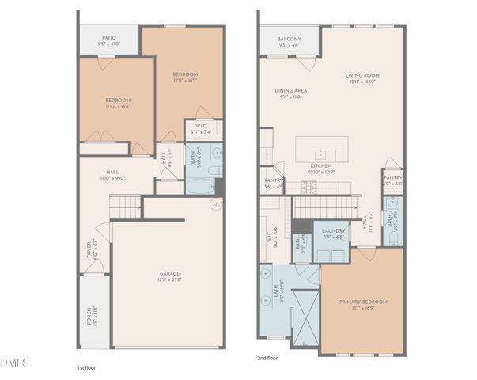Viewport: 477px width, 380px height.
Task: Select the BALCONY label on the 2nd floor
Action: (289, 39)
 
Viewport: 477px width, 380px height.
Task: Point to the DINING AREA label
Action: (291, 90)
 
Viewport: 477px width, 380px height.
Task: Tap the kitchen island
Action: (321, 150)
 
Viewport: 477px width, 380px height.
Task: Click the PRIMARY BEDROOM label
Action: (363, 302)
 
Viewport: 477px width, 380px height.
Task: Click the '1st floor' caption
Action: (87, 367)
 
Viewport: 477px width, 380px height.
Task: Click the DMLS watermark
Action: (15, 363)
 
